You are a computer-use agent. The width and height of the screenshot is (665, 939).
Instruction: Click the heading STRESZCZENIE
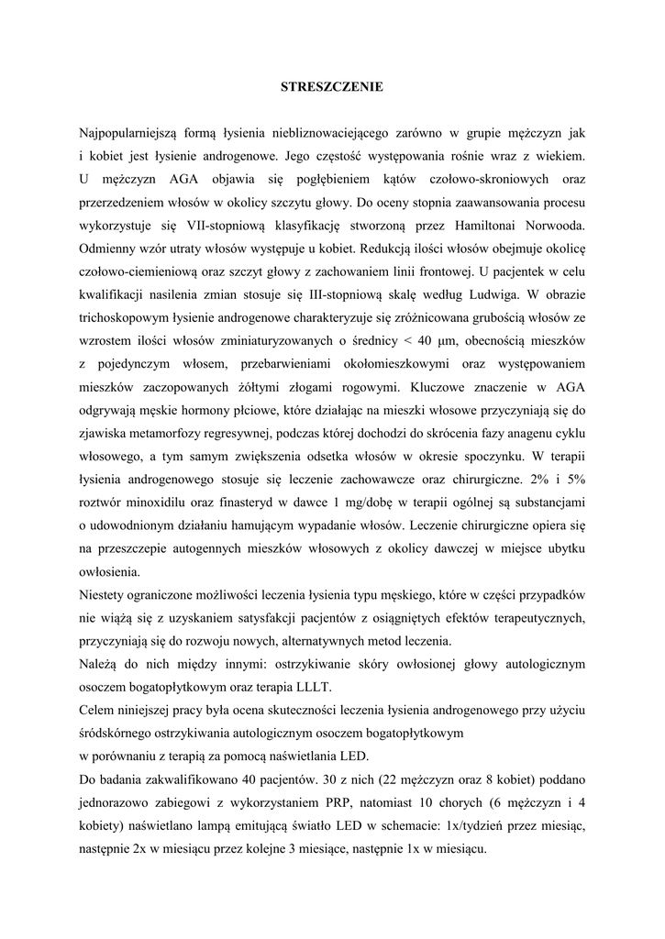[x=331, y=87]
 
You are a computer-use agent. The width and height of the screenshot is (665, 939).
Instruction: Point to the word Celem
[x=98, y=710]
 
